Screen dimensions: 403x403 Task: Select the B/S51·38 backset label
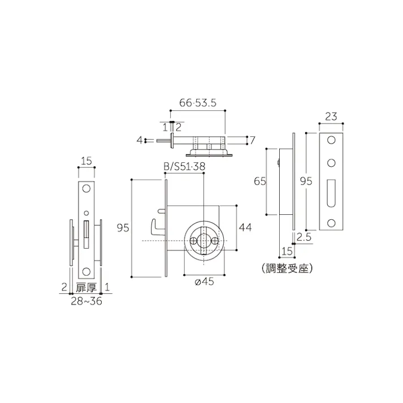pos(183,166)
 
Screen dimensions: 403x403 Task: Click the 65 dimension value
pos(259,181)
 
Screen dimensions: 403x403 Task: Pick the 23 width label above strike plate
pos(332,117)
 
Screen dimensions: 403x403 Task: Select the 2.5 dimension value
pos(304,237)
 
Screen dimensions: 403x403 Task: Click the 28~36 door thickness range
pos(86,302)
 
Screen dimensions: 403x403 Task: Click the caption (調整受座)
pos(288,268)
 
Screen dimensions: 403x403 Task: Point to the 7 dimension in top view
pos(252,140)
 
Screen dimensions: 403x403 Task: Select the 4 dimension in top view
pos(139,140)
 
